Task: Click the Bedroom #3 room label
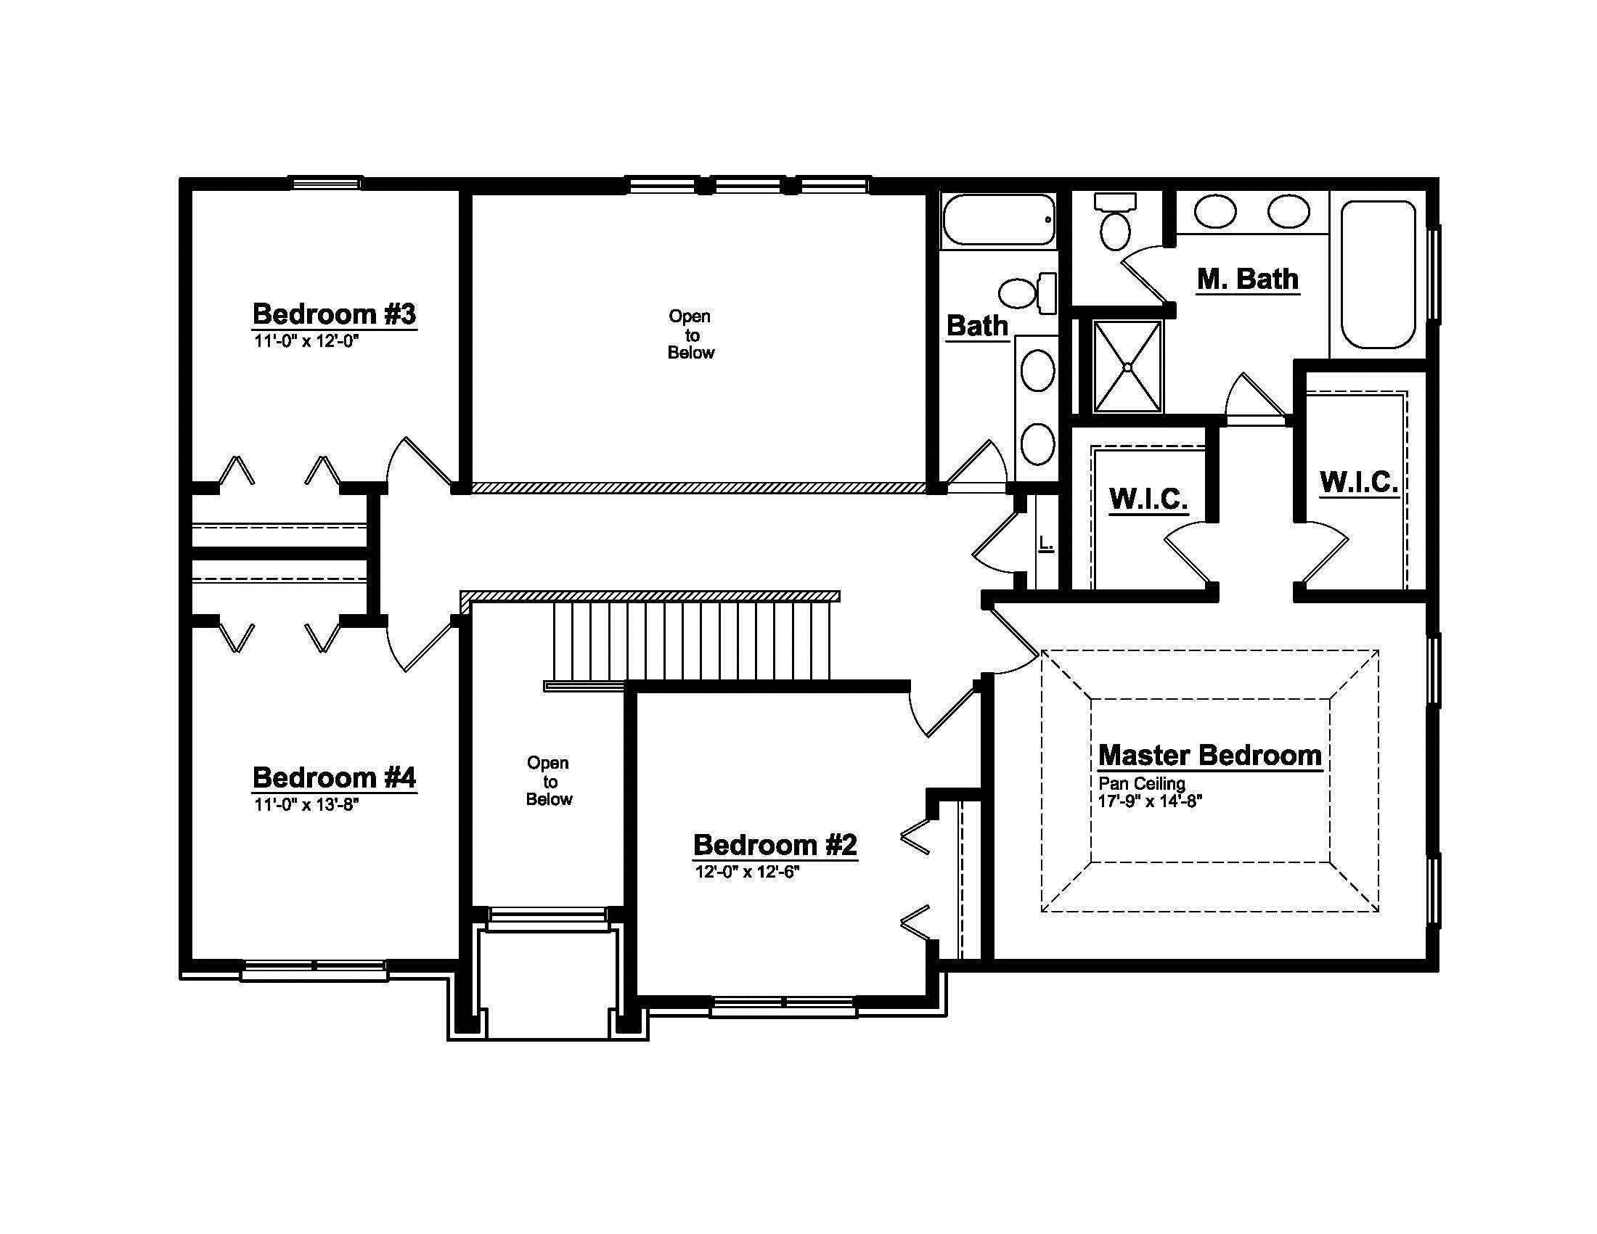(x=334, y=314)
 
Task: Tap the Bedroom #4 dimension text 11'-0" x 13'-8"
(x=306, y=805)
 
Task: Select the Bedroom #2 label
(x=775, y=845)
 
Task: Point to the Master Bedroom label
(x=1210, y=755)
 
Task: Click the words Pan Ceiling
(x=1141, y=784)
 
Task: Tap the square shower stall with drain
(x=1127, y=367)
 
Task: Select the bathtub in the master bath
(x=1379, y=275)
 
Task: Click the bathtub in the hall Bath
(x=999, y=220)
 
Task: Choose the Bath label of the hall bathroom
(x=978, y=326)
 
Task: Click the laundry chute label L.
(x=1045, y=543)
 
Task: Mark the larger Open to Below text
(x=690, y=335)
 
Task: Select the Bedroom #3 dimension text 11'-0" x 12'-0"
(x=306, y=341)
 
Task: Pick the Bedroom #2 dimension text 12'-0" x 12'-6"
(x=747, y=872)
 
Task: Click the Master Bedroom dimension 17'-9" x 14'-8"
(x=1151, y=801)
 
